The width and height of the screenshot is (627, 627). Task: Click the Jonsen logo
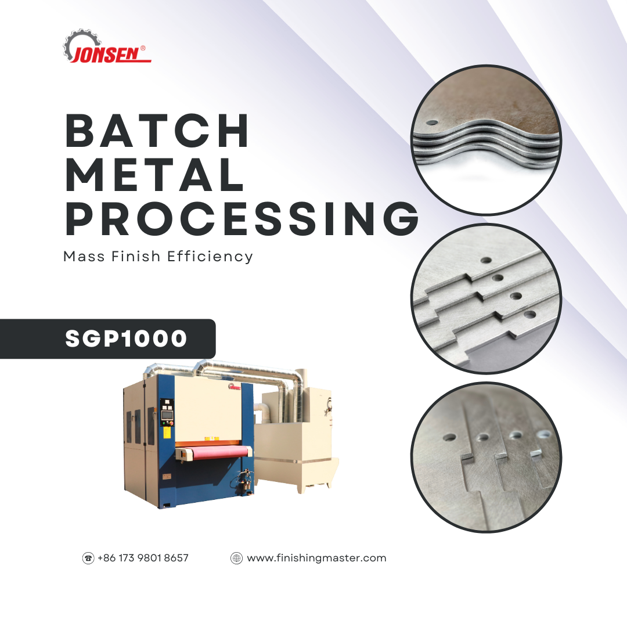(107, 46)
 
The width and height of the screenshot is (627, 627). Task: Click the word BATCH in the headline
(157, 131)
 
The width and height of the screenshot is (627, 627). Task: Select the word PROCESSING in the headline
(242, 218)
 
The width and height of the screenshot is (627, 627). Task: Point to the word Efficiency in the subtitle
(210, 257)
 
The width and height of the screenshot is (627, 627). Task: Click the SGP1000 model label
(126, 338)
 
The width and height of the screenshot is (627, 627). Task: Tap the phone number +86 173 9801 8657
(143, 558)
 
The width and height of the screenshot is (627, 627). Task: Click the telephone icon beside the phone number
(88, 558)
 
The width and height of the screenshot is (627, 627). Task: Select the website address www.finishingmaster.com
(317, 558)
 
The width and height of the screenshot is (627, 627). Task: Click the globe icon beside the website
(236, 558)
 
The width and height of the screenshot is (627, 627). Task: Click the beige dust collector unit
(296, 440)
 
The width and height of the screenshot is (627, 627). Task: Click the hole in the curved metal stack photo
(431, 122)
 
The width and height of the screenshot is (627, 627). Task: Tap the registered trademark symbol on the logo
(143, 48)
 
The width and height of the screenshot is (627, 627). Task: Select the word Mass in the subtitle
(84, 257)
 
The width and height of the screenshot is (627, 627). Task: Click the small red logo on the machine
(235, 387)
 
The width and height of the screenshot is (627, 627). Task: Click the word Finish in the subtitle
(136, 257)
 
